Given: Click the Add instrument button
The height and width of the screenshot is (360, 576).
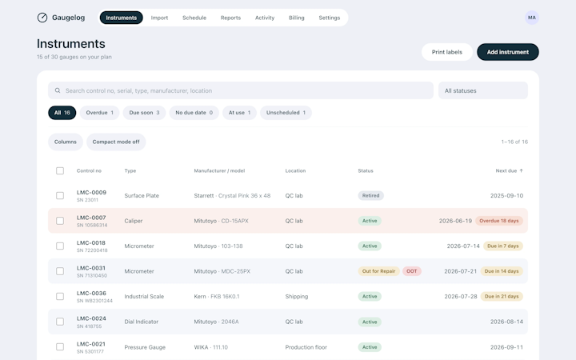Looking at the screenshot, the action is pyautogui.click(x=508, y=52).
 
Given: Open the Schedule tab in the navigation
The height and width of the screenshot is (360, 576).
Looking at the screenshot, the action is pyautogui.click(x=194, y=18).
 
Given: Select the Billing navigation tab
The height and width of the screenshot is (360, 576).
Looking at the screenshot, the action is pyautogui.click(x=297, y=18).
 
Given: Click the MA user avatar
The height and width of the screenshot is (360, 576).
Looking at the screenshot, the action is pyautogui.click(x=531, y=18).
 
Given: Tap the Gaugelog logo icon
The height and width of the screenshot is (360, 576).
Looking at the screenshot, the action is pyautogui.click(x=42, y=18).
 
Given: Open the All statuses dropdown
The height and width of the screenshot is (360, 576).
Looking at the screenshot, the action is pyautogui.click(x=483, y=90).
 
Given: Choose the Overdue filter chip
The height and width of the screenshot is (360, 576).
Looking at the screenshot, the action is pyautogui.click(x=99, y=113).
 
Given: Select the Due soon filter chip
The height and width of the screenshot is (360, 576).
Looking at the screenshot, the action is pyautogui.click(x=144, y=113).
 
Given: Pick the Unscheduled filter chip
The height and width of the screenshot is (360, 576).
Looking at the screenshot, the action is pyautogui.click(x=286, y=113).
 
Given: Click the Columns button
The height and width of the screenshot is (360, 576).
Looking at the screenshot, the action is pyautogui.click(x=66, y=142).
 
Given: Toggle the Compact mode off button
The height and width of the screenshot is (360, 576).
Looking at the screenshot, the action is pyautogui.click(x=116, y=142).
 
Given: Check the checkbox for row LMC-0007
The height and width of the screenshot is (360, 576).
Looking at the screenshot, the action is pyautogui.click(x=60, y=221).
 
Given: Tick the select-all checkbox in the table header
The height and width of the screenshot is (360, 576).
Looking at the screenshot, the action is pyautogui.click(x=60, y=171).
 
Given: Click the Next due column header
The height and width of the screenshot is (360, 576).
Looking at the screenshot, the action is pyautogui.click(x=509, y=171).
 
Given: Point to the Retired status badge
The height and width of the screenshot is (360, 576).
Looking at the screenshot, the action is pyautogui.click(x=370, y=195).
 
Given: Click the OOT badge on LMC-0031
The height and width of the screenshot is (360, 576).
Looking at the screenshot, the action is pyautogui.click(x=412, y=271).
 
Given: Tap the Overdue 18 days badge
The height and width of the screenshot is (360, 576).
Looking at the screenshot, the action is pyautogui.click(x=499, y=221).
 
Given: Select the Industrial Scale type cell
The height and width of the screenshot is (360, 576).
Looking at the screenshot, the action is pyautogui.click(x=144, y=297).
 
